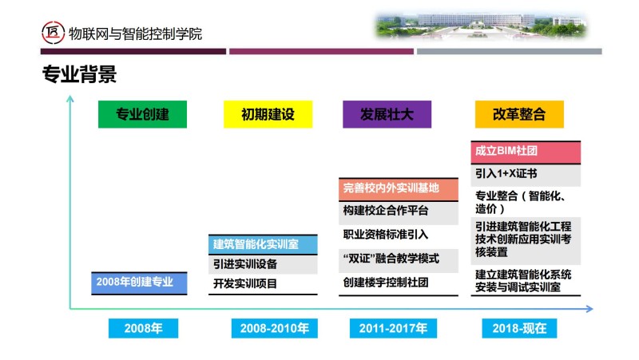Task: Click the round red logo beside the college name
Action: click(x=53, y=33)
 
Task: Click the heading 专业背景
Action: click(x=79, y=74)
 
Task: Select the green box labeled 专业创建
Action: click(x=143, y=114)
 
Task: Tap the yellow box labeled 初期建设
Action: click(x=268, y=114)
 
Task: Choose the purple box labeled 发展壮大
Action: click(x=387, y=114)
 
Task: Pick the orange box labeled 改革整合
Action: click(x=519, y=114)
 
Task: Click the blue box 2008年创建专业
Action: click(x=139, y=283)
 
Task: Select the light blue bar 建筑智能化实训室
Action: click(x=263, y=244)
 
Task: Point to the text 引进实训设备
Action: click(x=245, y=264)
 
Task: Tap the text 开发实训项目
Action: click(x=245, y=283)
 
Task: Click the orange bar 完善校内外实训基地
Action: click(x=399, y=189)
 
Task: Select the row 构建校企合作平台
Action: click(x=399, y=212)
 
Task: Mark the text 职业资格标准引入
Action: click(x=386, y=235)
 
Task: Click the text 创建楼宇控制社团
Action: click(x=386, y=283)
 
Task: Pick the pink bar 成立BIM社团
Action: click(x=526, y=152)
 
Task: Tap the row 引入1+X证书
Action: click(x=526, y=175)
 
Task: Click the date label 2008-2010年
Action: click(x=274, y=328)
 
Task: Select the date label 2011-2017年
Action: click(x=393, y=328)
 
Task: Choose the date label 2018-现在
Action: click(x=519, y=328)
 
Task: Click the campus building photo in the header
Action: click(x=481, y=26)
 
